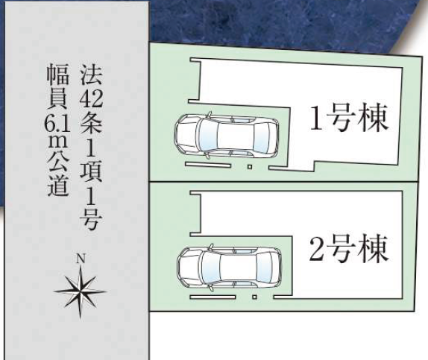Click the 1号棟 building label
350,117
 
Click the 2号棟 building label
349,249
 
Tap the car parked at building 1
226,136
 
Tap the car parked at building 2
230,267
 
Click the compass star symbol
81,291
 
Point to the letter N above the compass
81,259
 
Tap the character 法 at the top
92,75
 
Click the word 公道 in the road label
57,175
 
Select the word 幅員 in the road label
57,88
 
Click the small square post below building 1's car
250,166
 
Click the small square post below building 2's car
255,297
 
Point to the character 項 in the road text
92,172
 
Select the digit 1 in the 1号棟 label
316,118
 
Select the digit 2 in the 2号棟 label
317,249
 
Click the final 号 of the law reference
92,219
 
